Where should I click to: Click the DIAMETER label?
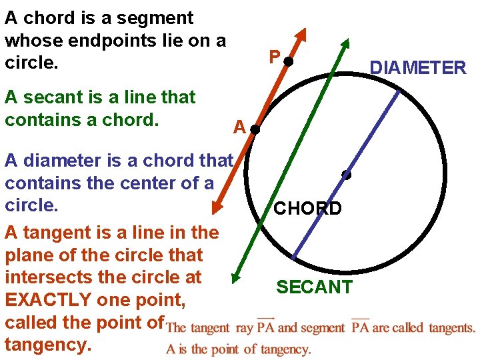coord(418,67)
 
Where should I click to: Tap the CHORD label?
coord(308,209)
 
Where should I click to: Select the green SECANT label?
coord(314,287)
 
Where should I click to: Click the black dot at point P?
coord(288,62)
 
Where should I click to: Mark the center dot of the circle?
coord(346,175)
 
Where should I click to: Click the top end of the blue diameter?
coord(399,92)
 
